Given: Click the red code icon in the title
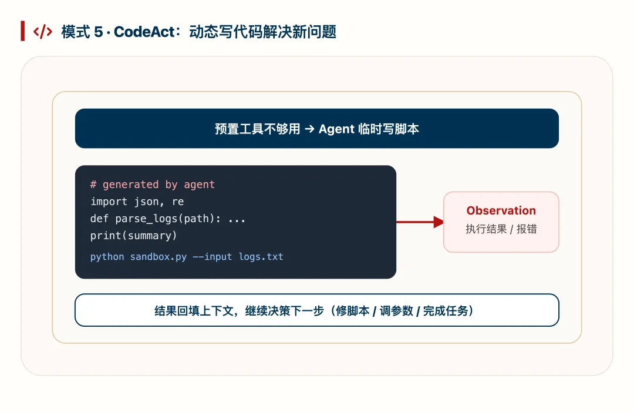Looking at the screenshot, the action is [x=43, y=32].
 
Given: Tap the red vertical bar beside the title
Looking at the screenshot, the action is [x=22, y=31].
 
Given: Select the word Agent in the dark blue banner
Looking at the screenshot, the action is [x=336, y=129].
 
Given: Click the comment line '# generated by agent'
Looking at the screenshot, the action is [x=152, y=185].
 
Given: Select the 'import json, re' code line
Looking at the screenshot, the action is [x=137, y=202].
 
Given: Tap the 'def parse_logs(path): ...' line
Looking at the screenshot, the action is [x=168, y=219].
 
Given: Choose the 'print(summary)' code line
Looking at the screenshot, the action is [x=133, y=236].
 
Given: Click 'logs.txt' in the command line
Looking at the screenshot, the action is [x=261, y=257].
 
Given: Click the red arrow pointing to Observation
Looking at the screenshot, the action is [x=419, y=222].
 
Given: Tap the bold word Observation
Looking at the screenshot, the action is [x=501, y=210].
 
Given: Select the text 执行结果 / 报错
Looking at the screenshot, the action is [x=501, y=229].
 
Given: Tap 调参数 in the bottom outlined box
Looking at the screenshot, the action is [x=396, y=310].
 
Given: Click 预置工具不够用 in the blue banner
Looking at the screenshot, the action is [x=257, y=129].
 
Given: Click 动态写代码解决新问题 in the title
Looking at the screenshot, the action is [x=262, y=32].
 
